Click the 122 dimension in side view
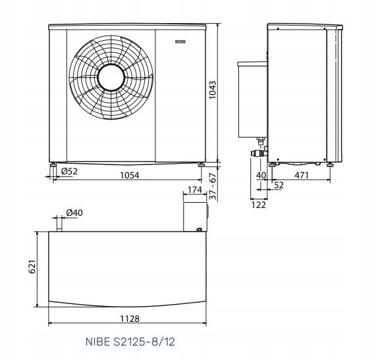(x=259, y=205)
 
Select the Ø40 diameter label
(x=74, y=212)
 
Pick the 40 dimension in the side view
(x=261, y=175)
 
